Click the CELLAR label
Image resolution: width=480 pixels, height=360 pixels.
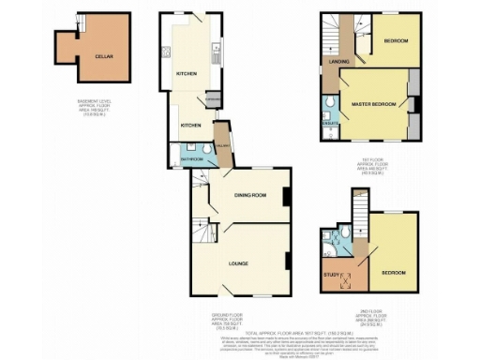[x=104, y=56]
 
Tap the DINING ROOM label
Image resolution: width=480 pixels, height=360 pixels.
[x=252, y=194]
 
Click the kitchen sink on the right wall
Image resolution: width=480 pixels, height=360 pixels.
[x=215, y=56]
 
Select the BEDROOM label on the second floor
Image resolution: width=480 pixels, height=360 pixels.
[x=393, y=273]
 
